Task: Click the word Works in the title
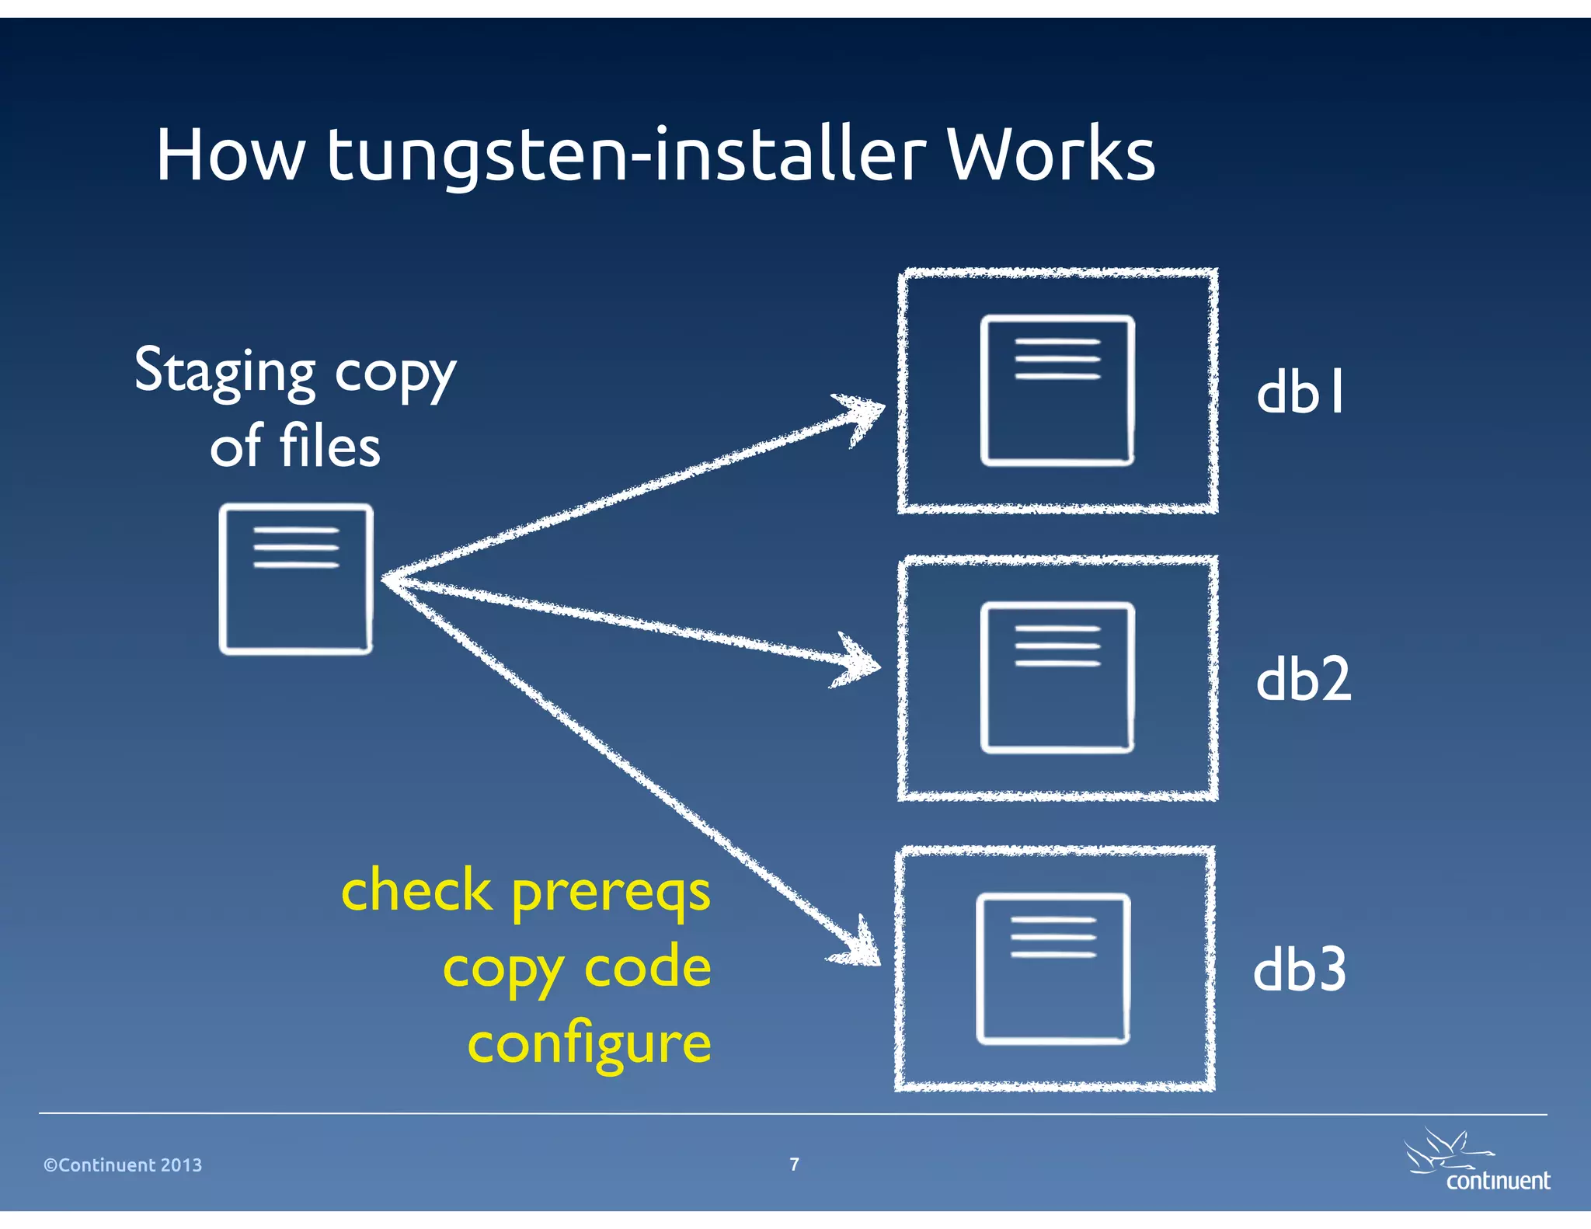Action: tap(1050, 155)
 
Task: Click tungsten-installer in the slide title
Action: tap(626, 155)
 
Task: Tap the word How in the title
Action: tap(230, 155)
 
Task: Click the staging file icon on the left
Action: tap(296, 580)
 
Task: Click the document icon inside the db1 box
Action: tap(1057, 391)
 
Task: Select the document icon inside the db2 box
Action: tap(1057, 677)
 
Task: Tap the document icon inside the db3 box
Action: tap(1053, 969)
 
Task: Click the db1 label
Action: tap(1300, 392)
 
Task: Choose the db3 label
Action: tap(1300, 970)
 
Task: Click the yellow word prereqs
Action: tap(611, 893)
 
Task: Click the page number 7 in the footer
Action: tap(794, 1164)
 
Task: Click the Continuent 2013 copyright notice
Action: tap(123, 1165)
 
